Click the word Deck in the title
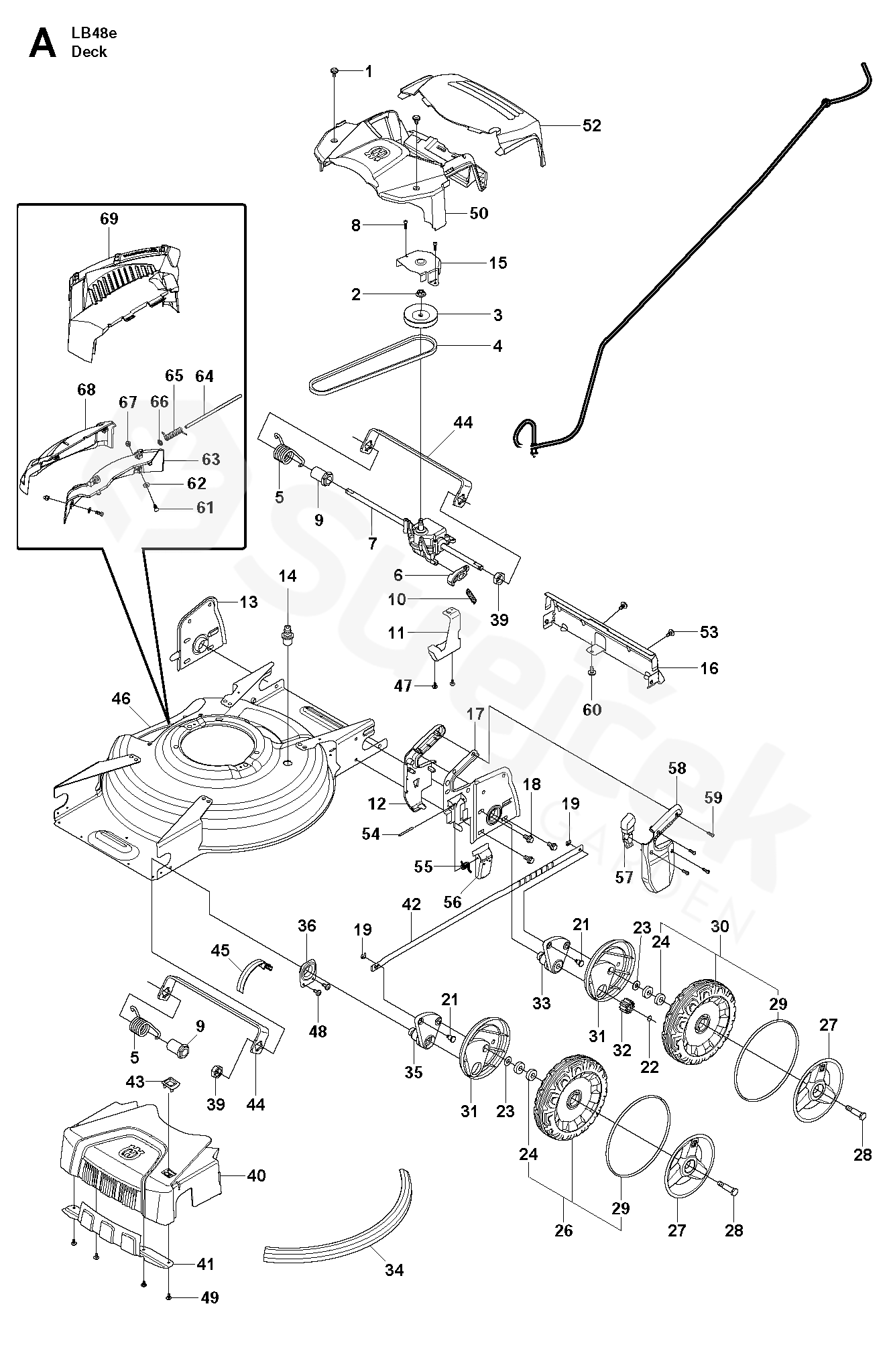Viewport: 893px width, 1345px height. pos(89,52)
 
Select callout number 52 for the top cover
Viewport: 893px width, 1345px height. pos(591,125)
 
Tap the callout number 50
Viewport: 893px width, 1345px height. pos(479,213)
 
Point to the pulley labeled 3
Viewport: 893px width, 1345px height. pos(420,316)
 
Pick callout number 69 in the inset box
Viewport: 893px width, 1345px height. pos(109,218)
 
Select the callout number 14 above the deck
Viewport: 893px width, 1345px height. pos(288,576)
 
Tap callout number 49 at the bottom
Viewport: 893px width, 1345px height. pos(210,1316)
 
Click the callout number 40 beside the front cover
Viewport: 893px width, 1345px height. pos(256,1175)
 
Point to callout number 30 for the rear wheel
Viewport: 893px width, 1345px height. pos(720,926)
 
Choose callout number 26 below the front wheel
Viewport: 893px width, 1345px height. pos(564,1230)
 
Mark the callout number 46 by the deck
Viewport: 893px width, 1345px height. pos(121,699)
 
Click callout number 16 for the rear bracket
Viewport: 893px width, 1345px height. pos(709,668)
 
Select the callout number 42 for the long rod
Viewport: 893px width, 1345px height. pos(411,904)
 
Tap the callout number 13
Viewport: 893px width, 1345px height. pos(249,602)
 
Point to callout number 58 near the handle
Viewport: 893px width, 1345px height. pos(677,768)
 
